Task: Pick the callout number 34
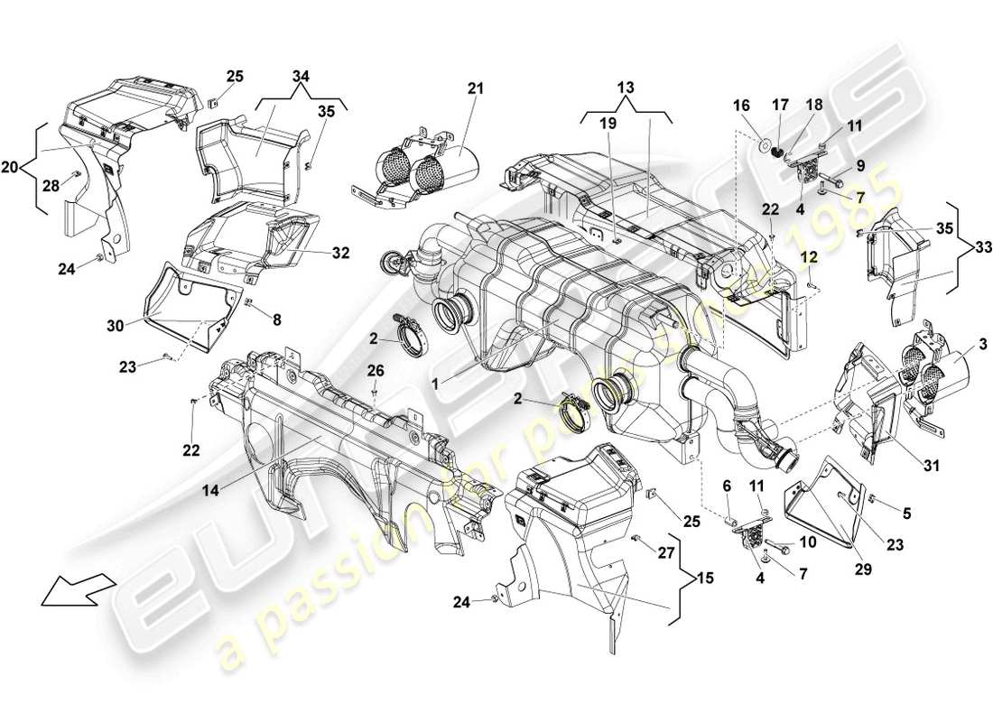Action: (x=300, y=79)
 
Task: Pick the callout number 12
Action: (x=812, y=257)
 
